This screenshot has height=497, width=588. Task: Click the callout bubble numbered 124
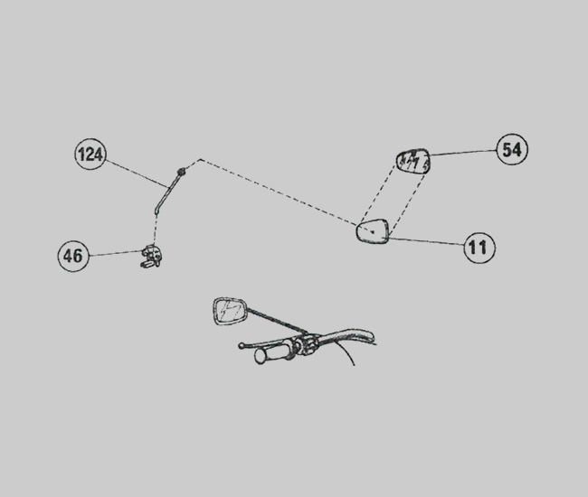[90, 154]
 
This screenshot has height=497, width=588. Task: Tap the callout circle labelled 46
[73, 256]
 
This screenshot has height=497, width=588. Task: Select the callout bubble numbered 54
[512, 149]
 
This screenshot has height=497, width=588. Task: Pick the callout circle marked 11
[479, 248]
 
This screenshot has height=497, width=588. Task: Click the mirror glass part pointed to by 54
[413, 162]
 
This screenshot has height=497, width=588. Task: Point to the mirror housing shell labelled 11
[373, 230]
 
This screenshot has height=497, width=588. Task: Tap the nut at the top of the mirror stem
[182, 171]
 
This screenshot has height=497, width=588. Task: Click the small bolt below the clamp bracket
[147, 264]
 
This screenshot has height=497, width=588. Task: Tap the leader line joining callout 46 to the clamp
[116, 253]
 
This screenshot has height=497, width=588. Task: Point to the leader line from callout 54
[463, 153]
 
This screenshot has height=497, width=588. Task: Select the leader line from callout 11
[426, 241]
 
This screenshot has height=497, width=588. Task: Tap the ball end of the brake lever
[242, 346]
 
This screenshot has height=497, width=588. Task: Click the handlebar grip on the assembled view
[272, 354]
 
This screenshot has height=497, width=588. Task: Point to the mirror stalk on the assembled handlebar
[277, 320]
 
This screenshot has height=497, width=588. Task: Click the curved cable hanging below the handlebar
[347, 352]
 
